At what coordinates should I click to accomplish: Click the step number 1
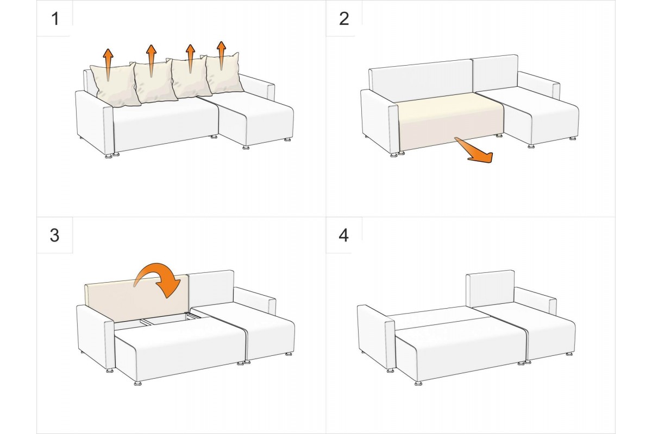pyautogui.click(x=55, y=18)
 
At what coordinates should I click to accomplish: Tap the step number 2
pyautogui.click(x=344, y=18)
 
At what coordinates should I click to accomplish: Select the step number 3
pyautogui.click(x=55, y=235)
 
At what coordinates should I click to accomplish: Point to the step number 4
pyautogui.click(x=344, y=235)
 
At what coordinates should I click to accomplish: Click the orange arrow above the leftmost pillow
pyautogui.click(x=108, y=65)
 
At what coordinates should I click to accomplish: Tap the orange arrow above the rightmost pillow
pyautogui.click(x=221, y=55)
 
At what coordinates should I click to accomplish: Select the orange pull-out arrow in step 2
pyautogui.click(x=474, y=149)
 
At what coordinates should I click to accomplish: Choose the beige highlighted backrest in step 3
pyautogui.click(x=137, y=299)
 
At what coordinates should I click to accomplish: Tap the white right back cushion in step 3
pyautogui.click(x=211, y=289)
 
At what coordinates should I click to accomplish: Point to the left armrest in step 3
pyautogui.click(x=95, y=337)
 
